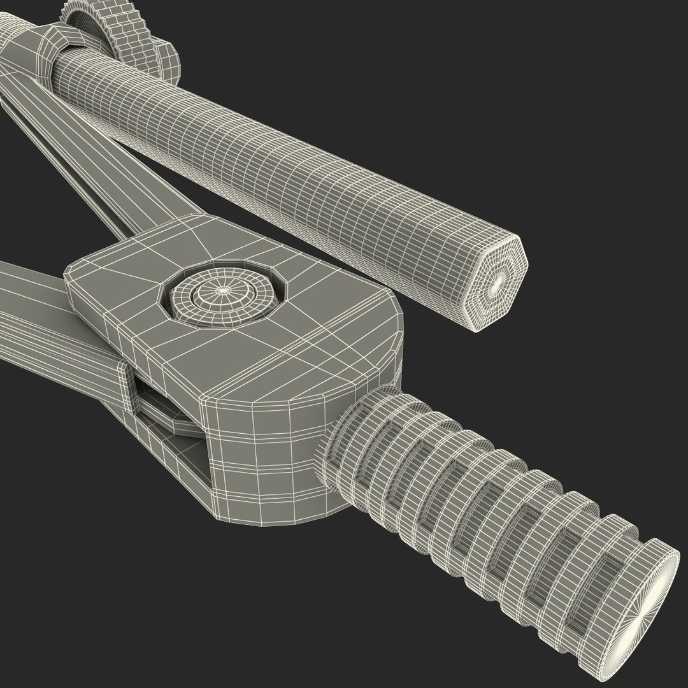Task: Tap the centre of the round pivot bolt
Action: pyautogui.click(x=222, y=290)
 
